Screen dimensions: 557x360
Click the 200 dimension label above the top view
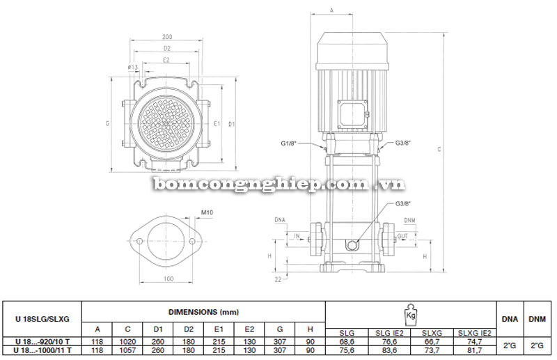[x=167, y=37]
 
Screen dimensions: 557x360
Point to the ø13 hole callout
[x=133, y=68]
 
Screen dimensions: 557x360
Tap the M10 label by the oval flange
[x=207, y=212]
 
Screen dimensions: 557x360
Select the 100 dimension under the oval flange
[x=168, y=279]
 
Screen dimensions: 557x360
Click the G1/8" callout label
[x=289, y=143]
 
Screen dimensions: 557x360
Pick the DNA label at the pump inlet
[x=280, y=220]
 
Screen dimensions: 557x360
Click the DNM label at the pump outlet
[x=409, y=221]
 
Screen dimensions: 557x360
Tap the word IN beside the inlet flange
[x=297, y=236]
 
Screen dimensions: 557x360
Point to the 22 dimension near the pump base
[x=278, y=279]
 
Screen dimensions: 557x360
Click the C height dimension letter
[x=439, y=150]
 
